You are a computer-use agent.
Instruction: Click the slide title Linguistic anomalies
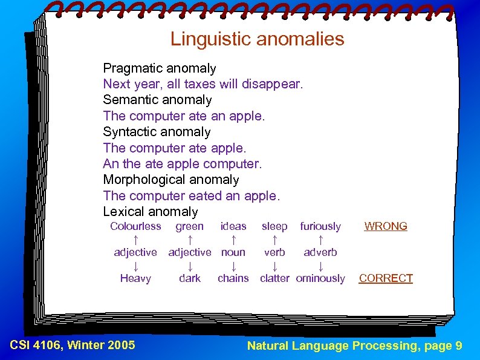coord(257,39)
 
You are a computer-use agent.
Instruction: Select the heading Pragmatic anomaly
coord(160,68)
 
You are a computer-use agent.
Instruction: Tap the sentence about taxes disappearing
coord(203,84)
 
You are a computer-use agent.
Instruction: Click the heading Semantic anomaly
coord(157,100)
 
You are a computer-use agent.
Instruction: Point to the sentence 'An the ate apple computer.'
coord(183,164)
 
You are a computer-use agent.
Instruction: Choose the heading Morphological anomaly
coord(171,180)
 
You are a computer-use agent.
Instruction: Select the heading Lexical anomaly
coord(151,212)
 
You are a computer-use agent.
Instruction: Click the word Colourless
coord(135,226)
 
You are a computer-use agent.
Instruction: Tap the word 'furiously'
coord(320,226)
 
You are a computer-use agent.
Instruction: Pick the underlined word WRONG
coord(386,226)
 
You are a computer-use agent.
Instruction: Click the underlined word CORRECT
coord(386,278)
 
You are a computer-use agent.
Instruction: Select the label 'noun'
coord(233,252)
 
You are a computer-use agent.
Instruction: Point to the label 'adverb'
coord(320,252)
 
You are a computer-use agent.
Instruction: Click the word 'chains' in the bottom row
coord(233,278)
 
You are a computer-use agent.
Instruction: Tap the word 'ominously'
coord(320,278)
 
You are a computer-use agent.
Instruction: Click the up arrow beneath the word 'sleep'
coord(274,240)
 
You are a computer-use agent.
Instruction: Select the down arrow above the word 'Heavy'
coord(135,266)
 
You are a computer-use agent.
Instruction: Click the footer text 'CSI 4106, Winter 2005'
coord(73,345)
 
